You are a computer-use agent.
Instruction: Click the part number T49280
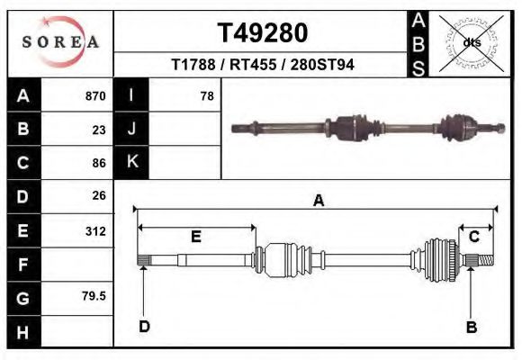262,32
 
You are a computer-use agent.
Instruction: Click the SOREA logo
60,42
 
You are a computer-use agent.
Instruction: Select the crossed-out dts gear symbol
471,42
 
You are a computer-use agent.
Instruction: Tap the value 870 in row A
94,96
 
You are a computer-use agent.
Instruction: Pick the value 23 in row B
99,130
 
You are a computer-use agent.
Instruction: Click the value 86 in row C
99,164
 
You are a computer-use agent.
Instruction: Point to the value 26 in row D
99,195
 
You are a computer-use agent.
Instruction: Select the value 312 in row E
94,231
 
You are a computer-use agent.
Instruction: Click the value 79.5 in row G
94,295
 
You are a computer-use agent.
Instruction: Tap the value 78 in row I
206,96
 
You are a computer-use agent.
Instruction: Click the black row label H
23,332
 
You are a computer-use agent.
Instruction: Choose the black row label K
131,162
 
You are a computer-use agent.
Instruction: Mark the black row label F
23,265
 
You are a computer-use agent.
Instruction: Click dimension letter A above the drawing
318,202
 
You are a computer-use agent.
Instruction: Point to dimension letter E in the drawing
195,237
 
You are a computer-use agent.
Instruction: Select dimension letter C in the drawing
472,237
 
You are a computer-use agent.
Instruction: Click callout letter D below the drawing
144,327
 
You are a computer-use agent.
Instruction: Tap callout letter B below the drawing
471,327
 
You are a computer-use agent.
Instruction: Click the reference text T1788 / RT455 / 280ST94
262,65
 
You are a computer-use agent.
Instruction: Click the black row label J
131,129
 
